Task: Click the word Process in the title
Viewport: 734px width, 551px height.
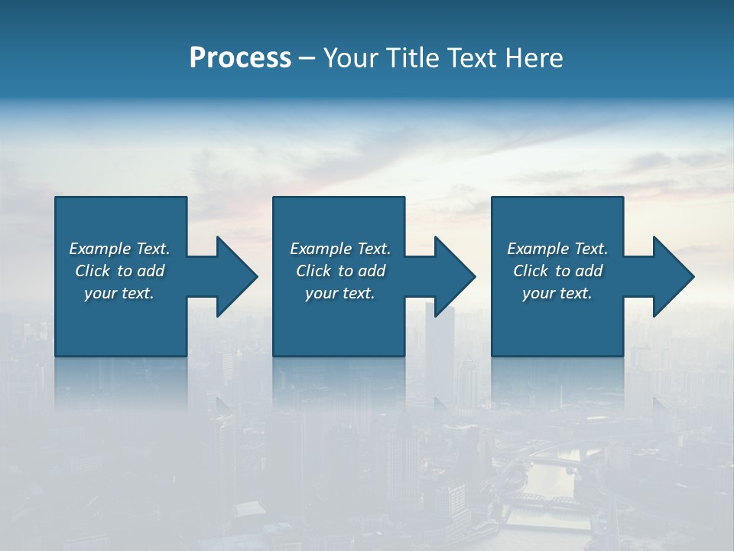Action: tap(240, 58)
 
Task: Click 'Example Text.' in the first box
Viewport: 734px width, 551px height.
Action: tap(119, 249)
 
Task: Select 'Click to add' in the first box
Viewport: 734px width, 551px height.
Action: tap(119, 271)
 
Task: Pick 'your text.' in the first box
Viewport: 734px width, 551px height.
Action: tap(119, 293)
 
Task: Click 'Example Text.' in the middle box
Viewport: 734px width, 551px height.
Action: tap(339, 249)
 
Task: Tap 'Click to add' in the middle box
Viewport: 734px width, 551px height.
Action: tap(339, 271)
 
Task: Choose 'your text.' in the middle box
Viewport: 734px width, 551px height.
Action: tap(339, 293)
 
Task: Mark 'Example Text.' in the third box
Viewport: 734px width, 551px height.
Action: tap(557, 249)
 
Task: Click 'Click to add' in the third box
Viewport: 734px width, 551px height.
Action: tap(557, 271)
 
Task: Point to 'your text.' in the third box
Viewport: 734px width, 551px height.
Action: tap(557, 293)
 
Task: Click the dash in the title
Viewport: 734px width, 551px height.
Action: tap(307, 58)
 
